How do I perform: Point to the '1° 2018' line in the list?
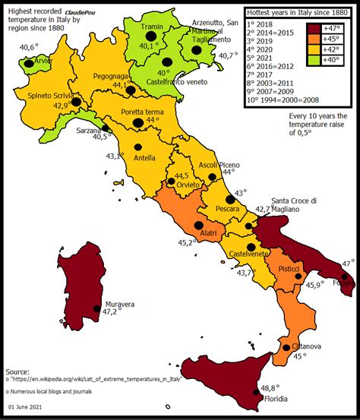click(264, 25)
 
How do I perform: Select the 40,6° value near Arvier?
click(27, 48)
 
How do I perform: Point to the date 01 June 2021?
click(30, 409)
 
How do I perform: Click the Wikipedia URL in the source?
click(96, 377)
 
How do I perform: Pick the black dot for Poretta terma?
click(138, 122)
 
